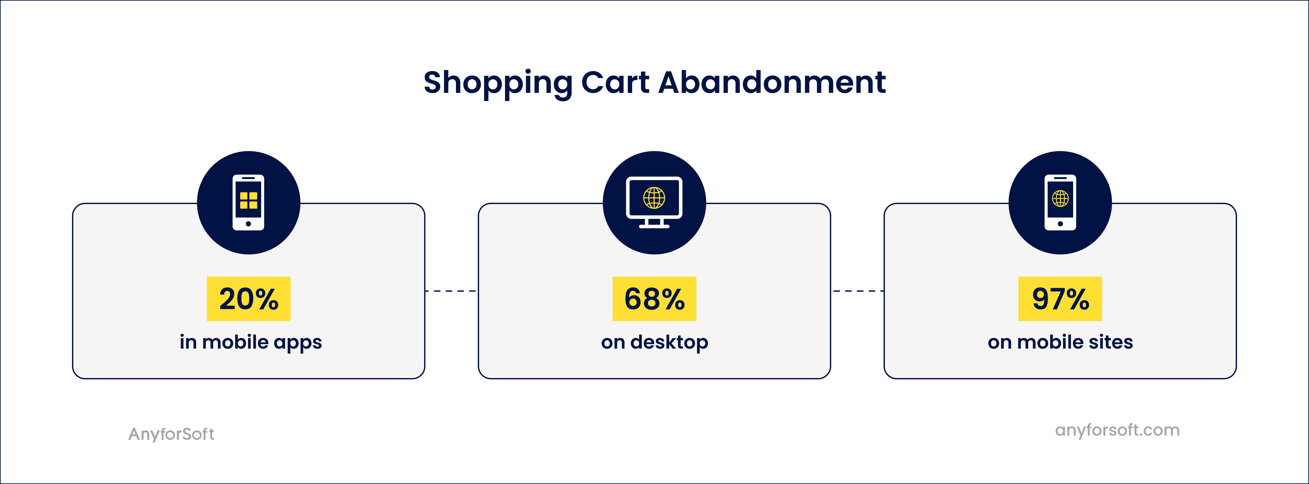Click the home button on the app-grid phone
pyautogui.click(x=248, y=223)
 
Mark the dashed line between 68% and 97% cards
pyautogui.click(x=857, y=291)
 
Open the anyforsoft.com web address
pyautogui.click(x=1117, y=430)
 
